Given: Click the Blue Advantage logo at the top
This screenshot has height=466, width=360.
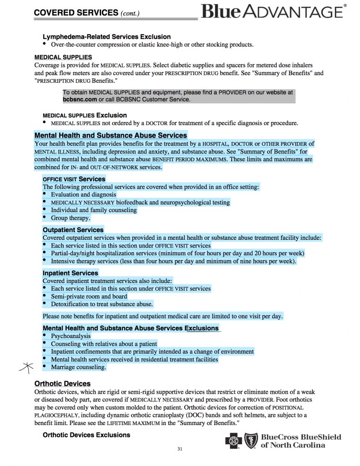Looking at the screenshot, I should (x=272, y=10).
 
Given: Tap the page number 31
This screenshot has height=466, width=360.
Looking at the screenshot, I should (x=180, y=449).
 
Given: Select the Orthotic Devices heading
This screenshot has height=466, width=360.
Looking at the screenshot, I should (x=62, y=384).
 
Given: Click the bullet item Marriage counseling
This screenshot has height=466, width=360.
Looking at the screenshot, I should (x=78, y=367).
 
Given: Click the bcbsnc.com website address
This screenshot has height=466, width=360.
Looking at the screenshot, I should (x=80, y=99).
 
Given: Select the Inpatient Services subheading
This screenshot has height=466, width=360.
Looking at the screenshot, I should (x=70, y=273).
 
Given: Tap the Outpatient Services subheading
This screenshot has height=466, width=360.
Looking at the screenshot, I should (x=73, y=230).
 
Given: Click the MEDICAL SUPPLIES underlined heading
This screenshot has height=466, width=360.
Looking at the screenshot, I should (x=63, y=57).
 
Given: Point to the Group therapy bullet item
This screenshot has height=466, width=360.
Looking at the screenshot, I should (x=71, y=218).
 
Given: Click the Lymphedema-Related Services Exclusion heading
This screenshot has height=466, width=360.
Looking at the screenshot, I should (x=106, y=36).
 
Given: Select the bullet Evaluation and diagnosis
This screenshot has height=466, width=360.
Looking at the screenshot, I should (x=83, y=194).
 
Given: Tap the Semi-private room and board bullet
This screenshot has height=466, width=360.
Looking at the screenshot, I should (x=89, y=296).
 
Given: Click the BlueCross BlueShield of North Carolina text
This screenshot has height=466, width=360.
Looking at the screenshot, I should (x=300, y=441).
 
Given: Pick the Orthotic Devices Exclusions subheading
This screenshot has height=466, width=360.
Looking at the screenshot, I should (x=86, y=435).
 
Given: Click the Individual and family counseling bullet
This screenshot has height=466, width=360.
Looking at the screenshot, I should (x=93, y=210).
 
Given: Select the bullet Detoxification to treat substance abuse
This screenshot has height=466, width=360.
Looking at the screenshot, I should (x=101, y=304).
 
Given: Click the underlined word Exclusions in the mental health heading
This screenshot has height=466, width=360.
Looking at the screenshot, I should (x=202, y=328).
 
